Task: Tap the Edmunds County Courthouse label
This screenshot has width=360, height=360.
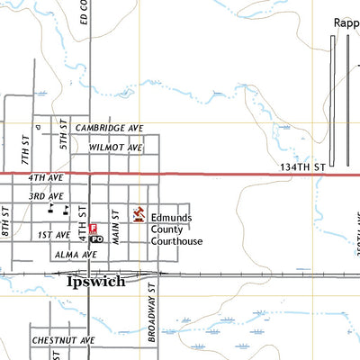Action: coord(176,229)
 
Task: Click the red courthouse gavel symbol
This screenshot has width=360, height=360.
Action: coord(139,214)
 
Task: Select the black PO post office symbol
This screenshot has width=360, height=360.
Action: coord(97,241)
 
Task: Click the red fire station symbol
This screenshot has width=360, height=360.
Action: coord(93,230)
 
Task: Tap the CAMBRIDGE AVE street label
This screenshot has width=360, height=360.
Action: coord(110,129)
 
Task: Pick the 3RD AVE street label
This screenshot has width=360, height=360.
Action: coord(44,195)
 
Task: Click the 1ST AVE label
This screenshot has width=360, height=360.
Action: coord(54,235)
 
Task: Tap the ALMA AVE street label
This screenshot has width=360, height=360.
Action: coord(76,255)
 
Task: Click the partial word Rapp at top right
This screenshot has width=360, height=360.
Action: coord(346,23)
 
